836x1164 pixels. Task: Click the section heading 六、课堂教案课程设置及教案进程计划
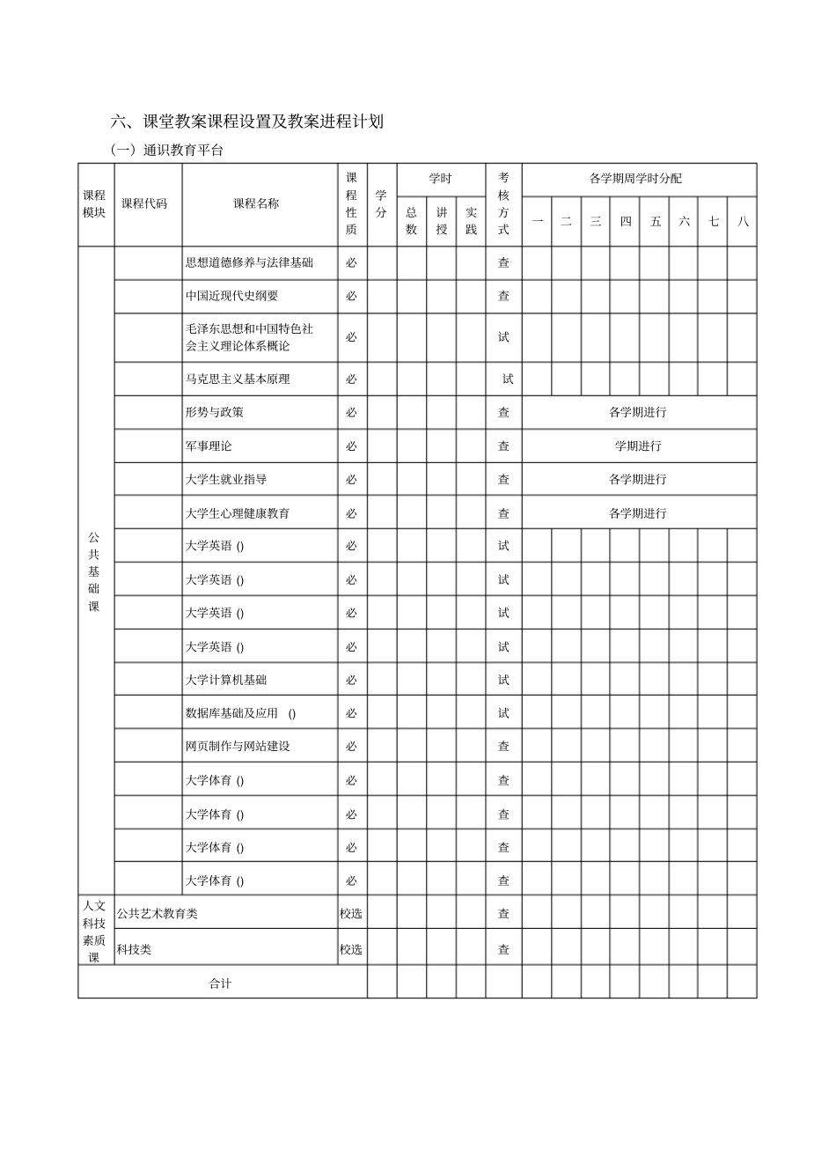pos(247,122)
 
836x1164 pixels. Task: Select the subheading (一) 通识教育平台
pos(167,150)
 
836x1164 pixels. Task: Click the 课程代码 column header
pos(144,203)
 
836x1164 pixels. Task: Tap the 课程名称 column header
pos(256,203)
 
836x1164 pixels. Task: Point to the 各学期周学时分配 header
pos(635,179)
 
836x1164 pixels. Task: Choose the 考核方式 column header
pos(503,203)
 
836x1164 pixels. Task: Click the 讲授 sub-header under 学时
pos(442,221)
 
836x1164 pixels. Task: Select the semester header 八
pos(743,221)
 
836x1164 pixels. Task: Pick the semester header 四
pos(626,221)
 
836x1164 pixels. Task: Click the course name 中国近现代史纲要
pos(231,296)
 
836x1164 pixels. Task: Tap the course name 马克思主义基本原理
pos(238,379)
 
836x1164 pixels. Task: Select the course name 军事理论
pos(209,446)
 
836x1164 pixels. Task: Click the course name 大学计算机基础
pos(226,680)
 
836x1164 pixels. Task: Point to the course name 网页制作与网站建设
pos(238,746)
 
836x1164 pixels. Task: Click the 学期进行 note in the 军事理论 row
pos(638,446)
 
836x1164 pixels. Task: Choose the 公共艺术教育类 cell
pos(158,913)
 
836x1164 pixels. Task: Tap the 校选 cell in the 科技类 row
pos(351,949)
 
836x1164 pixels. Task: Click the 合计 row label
pos(220,984)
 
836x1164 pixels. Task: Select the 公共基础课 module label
pos(94,571)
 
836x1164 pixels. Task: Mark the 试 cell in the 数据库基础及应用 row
pos(503,713)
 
